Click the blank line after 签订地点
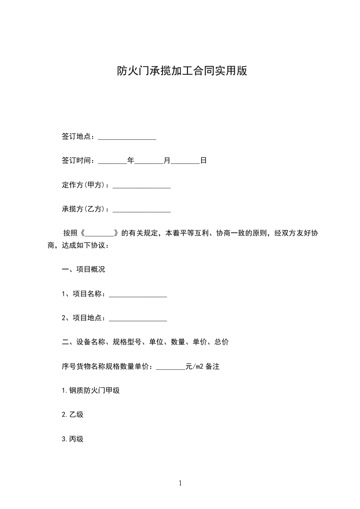click(x=127, y=137)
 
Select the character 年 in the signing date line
click(x=131, y=161)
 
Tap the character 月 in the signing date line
click(x=167, y=161)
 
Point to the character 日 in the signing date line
click(x=203, y=161)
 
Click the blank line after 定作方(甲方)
click(x=142, y=185)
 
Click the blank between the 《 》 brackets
click(x=99, y=233)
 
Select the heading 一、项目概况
click(x=84, y=269)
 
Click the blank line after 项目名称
click(x=138, y=294)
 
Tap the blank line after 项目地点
click(x=138, y=318)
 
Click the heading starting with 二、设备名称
click(x=145, y=342)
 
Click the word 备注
click(x=213, y=367)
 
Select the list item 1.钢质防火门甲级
click(x=91, y=391)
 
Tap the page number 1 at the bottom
click(x=180, y=483)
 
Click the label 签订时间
click(x=76, y=161)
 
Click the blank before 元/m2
click(x=171, y=367)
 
